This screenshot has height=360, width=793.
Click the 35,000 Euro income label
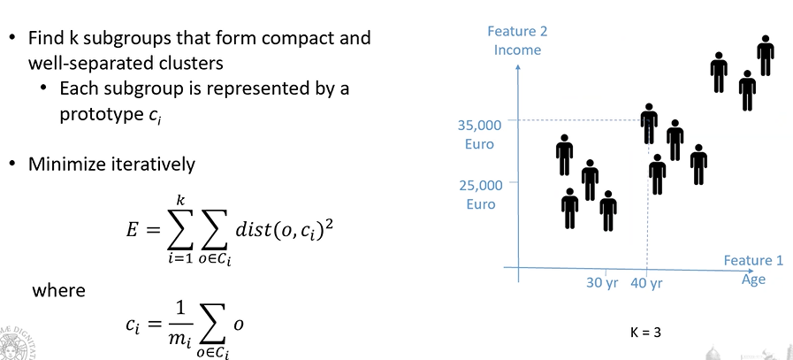click(x=481, y=134)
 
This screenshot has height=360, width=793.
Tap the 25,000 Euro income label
click(x=481, y=195)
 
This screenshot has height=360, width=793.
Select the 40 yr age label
click(x=647, y=284)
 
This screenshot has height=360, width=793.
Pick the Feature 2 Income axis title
click(x=518, y=41)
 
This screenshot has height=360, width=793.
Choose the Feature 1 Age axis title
click(x=753, y=270)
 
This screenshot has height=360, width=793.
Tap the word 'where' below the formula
click(x=58, y=289)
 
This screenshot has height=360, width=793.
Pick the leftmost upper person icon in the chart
click(x=565, y=155)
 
